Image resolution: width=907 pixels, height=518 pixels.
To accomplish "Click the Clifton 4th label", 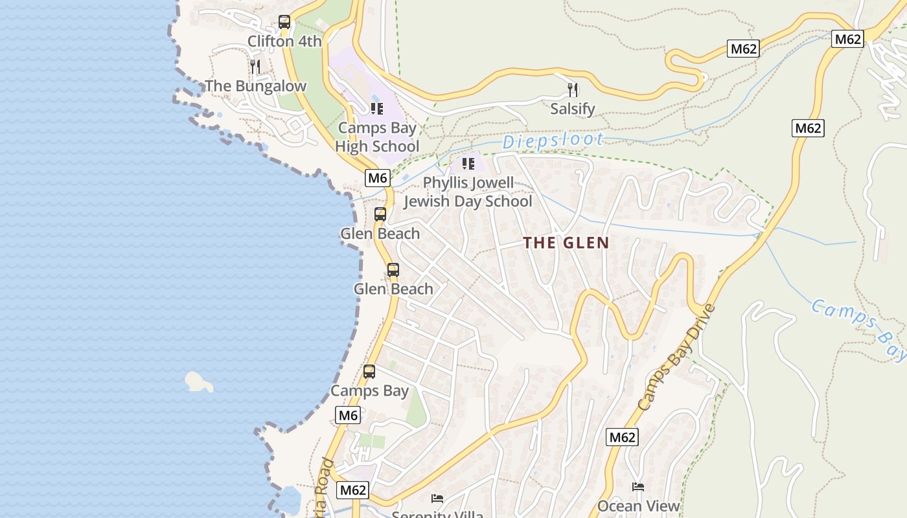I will (284, 41).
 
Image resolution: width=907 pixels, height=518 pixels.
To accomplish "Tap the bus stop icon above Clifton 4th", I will (284, 22).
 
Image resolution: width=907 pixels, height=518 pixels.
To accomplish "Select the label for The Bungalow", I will (255, 86).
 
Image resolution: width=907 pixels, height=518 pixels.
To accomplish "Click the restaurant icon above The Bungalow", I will (255, 66).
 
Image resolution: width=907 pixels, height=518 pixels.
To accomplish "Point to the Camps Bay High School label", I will (377, 137).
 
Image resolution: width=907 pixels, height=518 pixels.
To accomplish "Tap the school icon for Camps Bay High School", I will (377, 108).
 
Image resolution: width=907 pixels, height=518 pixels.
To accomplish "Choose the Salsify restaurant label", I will (572, 109).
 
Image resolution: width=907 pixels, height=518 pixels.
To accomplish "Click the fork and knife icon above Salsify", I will (572, 89).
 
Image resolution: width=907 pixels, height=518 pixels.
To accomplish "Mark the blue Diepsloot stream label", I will (553, 141).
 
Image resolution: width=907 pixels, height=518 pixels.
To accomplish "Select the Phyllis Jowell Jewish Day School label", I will (468, 192).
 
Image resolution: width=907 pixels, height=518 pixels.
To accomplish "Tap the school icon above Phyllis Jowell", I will (468, 163).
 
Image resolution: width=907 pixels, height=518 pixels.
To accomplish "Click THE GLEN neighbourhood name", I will (566, 243).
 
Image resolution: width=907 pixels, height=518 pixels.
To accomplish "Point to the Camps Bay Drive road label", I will (677, 357).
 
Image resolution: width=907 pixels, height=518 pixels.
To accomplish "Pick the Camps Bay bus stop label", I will (369, 391).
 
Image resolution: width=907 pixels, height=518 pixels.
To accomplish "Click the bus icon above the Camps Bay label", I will (369, 372).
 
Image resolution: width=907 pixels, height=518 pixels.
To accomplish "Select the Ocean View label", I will (638, 506).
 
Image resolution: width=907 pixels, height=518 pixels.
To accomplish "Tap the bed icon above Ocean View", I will (638, 487).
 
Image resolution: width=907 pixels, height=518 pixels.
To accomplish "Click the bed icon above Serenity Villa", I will (437, 498).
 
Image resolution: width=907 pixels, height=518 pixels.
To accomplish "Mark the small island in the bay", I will (198, 382).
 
